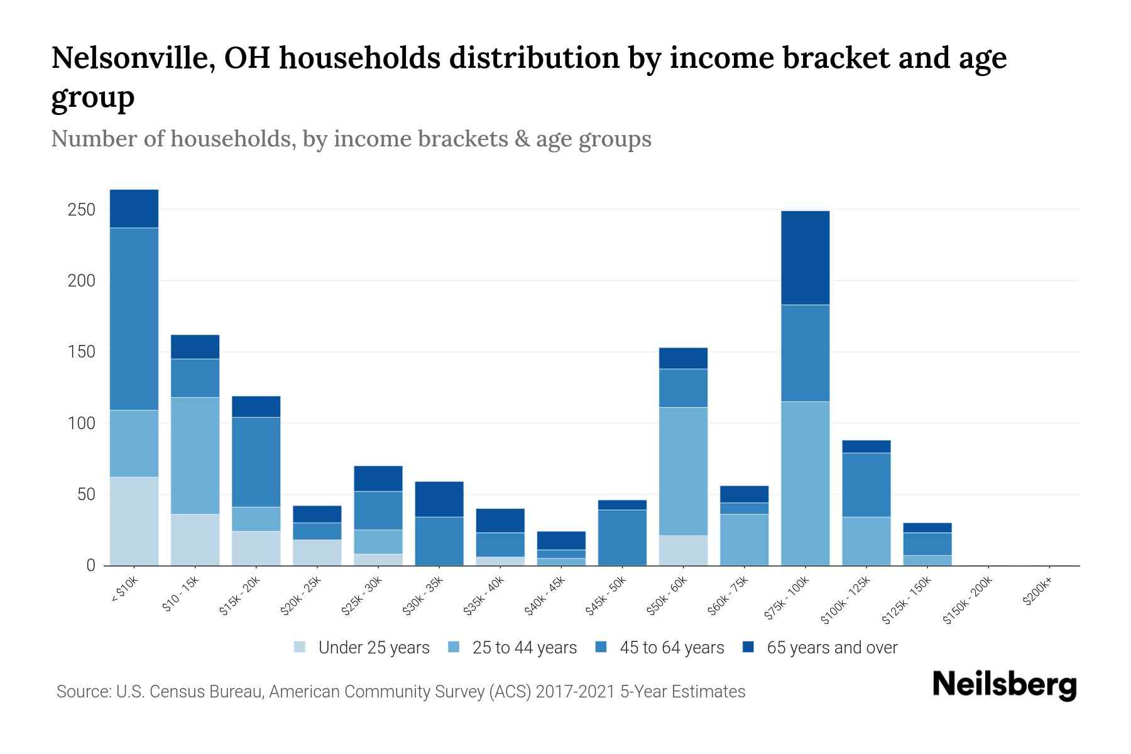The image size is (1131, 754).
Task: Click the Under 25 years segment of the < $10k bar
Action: coord(134,521)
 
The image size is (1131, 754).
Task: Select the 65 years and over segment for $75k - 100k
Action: coord(805,258)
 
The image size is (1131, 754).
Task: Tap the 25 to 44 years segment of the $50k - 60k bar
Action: coord(683,471)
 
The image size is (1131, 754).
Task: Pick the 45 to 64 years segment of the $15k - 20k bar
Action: coord(256,462)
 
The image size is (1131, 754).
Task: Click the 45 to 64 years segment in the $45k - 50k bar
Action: coord(622,537)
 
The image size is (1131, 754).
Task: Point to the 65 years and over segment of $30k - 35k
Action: coord(439,499)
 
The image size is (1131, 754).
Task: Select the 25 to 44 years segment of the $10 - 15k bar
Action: coord(195,456)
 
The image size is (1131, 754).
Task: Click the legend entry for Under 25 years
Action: coord(373,648)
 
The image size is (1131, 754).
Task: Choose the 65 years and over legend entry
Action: coord(831,648)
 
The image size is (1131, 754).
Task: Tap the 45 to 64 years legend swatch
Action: coord(601,647)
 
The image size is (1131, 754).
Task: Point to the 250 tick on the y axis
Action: coord(82,209)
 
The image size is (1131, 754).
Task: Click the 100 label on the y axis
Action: coord(82,423)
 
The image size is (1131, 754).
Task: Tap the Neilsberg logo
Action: coord(1004,685)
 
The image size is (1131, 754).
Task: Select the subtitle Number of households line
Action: coord(351,139)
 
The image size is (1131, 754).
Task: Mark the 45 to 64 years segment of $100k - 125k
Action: coord(866,484)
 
